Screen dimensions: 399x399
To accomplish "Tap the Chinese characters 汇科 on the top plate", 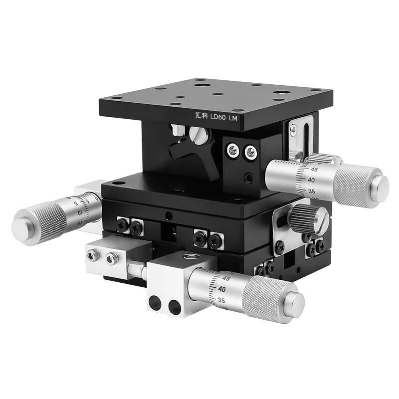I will click(200, 115).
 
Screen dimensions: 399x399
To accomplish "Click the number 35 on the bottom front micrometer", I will click(221, 301).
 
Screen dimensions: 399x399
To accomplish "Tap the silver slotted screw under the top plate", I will click(198, 135).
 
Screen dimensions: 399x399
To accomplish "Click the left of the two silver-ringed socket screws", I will click(232, 149).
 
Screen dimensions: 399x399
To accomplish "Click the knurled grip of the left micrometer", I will click(47, 219).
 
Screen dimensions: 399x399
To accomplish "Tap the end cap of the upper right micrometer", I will click(381, 186).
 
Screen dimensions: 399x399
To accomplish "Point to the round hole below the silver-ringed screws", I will click(249, 178).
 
